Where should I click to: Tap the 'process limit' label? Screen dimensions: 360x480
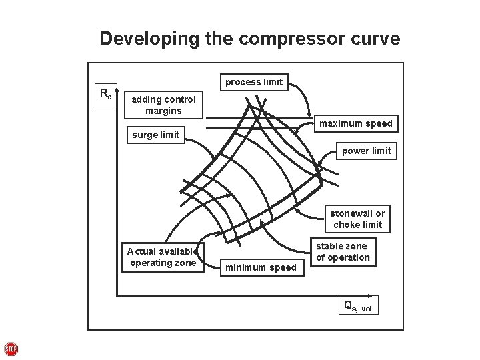[253, 82]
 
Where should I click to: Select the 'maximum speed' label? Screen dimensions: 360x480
[355, 123]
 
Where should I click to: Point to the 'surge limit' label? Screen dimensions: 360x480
[156, 135]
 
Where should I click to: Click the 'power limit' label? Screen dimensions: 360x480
[367, 151]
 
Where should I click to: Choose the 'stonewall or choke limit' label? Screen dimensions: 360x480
[358, 219]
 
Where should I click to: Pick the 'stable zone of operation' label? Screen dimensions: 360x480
[343, 252]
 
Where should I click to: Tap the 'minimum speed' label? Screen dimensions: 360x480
[260, 267]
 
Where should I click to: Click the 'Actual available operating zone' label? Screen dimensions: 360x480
[163, 257]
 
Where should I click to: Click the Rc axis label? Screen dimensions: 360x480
[105, 94]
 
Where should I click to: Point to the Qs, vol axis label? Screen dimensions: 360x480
[357, 306]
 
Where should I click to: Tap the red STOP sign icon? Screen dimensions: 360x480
[11, 349]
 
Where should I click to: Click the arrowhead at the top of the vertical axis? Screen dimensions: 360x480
[117, 89]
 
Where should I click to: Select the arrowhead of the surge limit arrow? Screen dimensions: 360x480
[215, 158]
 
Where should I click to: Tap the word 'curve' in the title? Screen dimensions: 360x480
[377, 39]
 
